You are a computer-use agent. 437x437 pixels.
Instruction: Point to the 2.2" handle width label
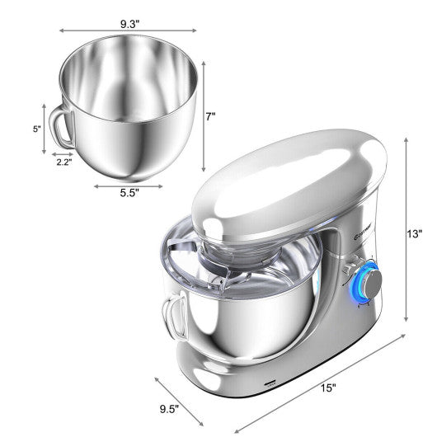pyautogui.click(x=64, y=162)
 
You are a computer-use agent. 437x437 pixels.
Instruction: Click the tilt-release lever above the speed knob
pyautogui.click(x=346, y=265)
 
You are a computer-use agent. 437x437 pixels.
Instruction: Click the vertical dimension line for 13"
pyautogui.click(x=406, y=231)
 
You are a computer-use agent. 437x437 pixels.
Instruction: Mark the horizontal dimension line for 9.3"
pyautogui.click(x=129, y=31)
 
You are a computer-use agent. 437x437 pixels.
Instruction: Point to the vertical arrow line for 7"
pyautogui.click(x=203, y=115)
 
